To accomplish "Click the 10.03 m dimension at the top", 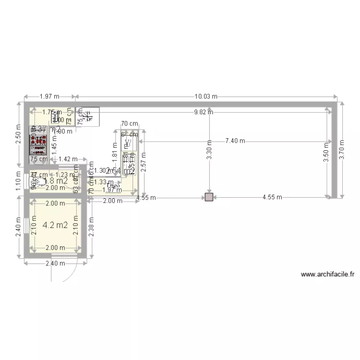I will click(x=206, y=96).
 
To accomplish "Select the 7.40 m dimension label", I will click(x=235, y=141).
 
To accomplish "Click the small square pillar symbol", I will click(x=209, y=197).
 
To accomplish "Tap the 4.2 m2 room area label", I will click(x=54, y=225).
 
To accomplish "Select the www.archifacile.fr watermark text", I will click(x=327, y=275).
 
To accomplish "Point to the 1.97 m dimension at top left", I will click(x=49, y=96).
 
